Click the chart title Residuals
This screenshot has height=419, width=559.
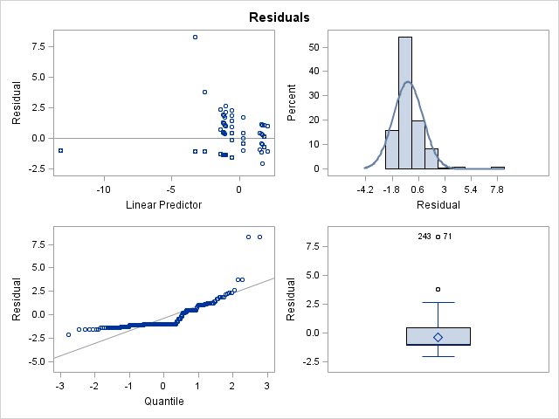pos(279,17)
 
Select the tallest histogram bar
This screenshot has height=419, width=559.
pos(405,102)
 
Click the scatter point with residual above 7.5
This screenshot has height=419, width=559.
pos(195,37)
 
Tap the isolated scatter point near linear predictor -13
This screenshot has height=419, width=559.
pos(60,150)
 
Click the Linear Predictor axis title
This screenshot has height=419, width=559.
pos(164,205)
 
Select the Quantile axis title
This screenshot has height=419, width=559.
pos(164,402)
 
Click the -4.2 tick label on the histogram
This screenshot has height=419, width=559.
pos(365,188)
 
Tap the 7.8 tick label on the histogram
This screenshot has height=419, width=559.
pos(498,188)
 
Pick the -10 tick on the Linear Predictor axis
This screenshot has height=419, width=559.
pos(103,188)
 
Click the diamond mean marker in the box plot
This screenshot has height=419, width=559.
pos(438,337)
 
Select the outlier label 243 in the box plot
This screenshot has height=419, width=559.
pos(425,237)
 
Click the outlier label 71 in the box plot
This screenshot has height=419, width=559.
pos(447,237)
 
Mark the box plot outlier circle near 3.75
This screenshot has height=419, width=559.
pos(438,289)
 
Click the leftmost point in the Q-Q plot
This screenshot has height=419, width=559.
pos(68,334)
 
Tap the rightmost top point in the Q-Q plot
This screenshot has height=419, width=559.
pos(259,237)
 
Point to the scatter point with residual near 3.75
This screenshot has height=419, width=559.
pos(204,92)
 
